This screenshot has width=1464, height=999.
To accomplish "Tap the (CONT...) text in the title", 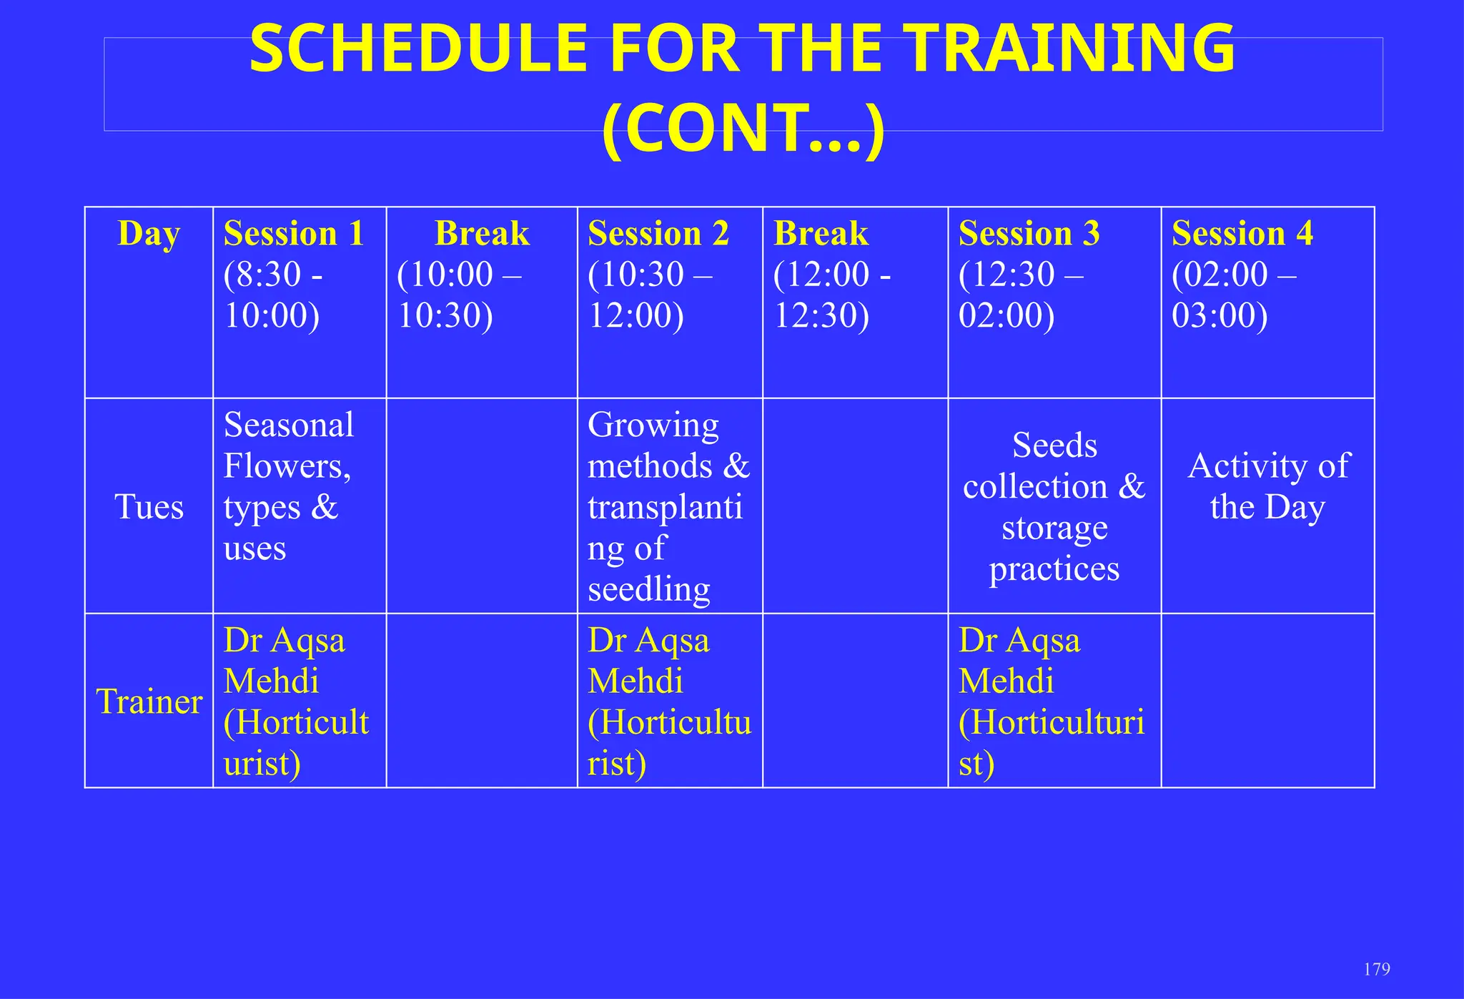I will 743,129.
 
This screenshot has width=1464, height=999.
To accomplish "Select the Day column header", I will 149,233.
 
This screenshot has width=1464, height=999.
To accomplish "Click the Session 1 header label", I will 294,234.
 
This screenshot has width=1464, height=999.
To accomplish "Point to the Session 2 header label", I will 658,234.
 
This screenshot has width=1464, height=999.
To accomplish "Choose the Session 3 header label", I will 1029,234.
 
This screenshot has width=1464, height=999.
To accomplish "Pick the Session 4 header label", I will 1242,234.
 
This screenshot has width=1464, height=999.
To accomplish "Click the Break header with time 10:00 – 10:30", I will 481,234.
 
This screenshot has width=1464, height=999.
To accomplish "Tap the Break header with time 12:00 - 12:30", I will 821,234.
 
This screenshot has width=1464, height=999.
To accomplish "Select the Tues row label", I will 149,507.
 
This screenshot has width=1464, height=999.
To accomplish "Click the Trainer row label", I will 149,702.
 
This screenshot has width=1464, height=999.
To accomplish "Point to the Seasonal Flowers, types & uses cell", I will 288,486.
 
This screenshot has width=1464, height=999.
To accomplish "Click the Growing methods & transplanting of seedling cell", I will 668,506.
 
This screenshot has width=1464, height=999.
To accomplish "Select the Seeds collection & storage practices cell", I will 1054,506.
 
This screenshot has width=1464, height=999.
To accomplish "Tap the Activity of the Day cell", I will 1267,486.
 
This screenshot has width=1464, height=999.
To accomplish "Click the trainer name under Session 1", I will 296,701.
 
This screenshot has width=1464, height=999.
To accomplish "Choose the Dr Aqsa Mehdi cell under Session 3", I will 1051,701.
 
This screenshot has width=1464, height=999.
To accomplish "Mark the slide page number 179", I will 1376,969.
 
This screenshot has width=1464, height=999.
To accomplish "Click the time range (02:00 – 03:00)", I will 1232,295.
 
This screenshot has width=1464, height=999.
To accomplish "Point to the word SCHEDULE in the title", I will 419,49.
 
